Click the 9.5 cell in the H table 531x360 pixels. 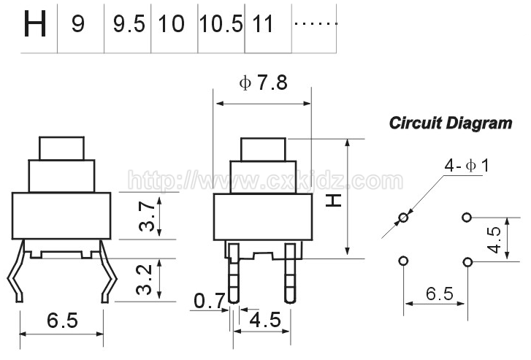[x=129, y=24]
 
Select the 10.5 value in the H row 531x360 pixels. [x=221, y=24]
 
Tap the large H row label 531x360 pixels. [x=34, y=24]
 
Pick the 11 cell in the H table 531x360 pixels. [x=263, y=24]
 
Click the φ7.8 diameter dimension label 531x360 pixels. [x=263, y=83]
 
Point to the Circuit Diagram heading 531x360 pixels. [x=451, y=123]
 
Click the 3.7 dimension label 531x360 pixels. [x=148, y=216]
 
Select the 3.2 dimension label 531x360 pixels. [x=144, y=280]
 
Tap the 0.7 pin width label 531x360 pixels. [x=210, y=300]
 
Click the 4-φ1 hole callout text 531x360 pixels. [x=467, y=166]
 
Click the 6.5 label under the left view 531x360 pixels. [x=62, y=320]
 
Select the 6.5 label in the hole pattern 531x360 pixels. [x=439, y=294]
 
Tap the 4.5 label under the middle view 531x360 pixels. [x=265, y=320]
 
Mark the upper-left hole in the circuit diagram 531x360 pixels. [x=404, y=218]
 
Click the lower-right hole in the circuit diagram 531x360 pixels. [x=467, y=262]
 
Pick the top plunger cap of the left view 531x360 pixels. [x=61, y=148]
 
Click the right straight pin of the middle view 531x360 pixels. [x=289, y=273]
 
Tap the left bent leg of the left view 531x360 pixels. [x=16, y=271]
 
